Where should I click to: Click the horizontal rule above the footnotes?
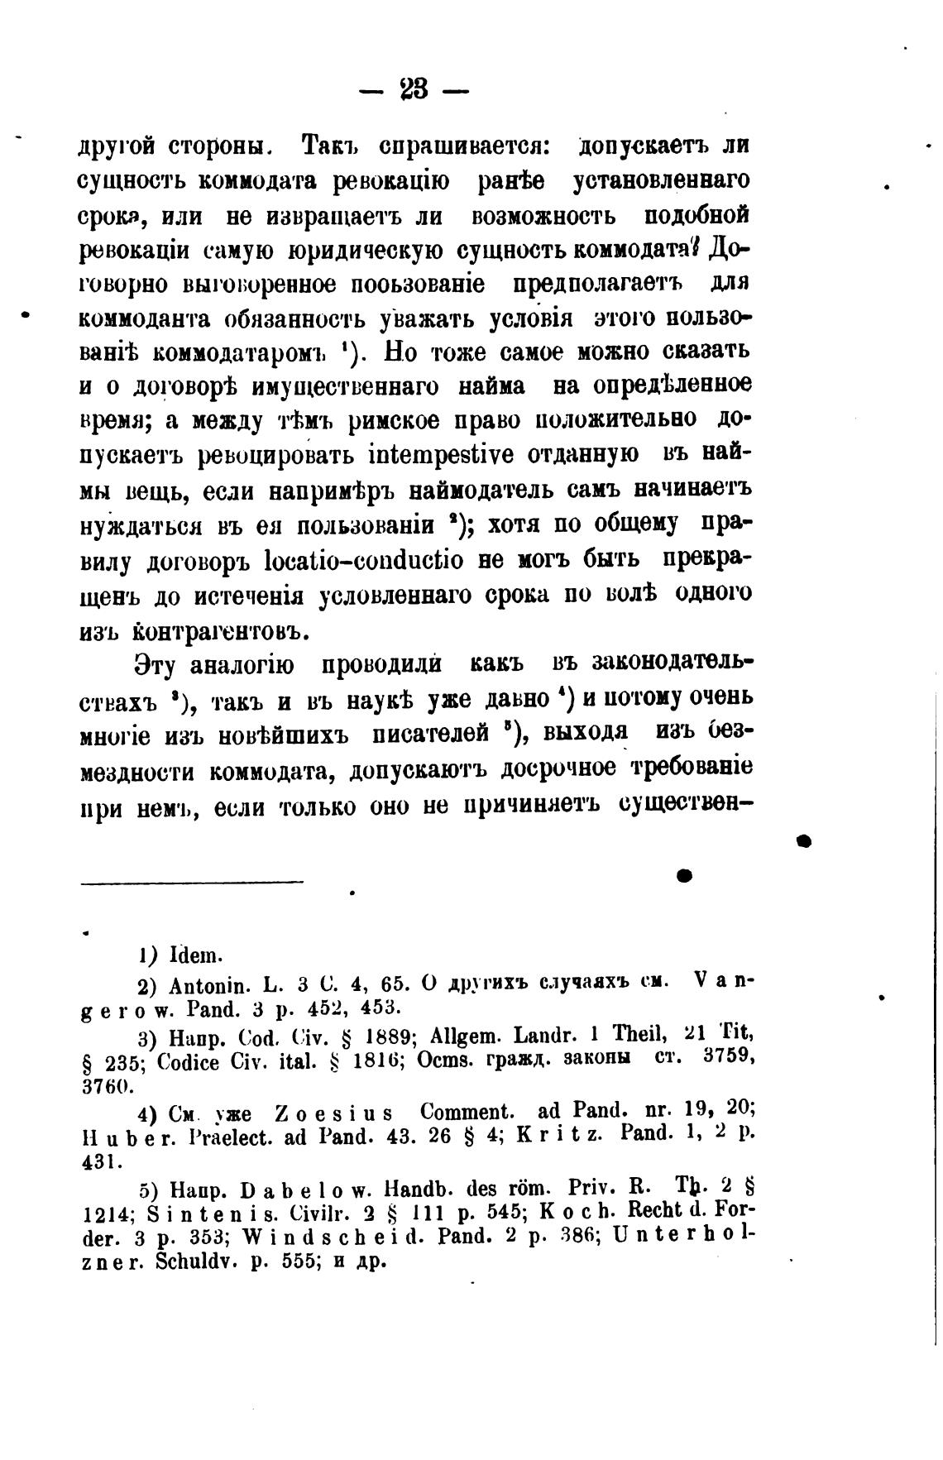193,883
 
